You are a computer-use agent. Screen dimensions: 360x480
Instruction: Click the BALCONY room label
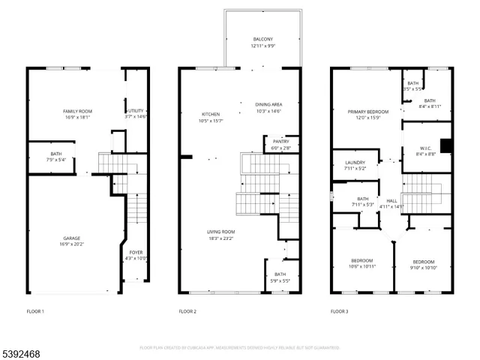pos(262,39)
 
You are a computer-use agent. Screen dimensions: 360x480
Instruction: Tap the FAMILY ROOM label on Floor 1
pos(76,111)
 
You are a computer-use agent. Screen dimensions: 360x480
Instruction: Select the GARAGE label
pos(71,238)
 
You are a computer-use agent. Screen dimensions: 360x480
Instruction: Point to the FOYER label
pos(136,253)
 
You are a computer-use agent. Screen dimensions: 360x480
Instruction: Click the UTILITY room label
pos(136,111)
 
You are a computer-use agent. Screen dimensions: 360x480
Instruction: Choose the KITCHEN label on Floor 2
pos(190,114)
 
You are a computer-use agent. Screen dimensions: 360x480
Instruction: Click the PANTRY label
pos(281,141)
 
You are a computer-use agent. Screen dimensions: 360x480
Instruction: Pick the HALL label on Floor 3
pos(391,200)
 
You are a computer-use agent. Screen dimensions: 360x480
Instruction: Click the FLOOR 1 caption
pos(35,310)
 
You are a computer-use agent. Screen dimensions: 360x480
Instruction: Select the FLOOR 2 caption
pos(187,310)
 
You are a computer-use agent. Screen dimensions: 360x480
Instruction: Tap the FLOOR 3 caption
pos(339,310)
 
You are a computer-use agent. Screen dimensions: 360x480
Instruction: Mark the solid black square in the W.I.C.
pos(445,146)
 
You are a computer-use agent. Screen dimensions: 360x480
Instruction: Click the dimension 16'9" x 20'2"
pos(71,244)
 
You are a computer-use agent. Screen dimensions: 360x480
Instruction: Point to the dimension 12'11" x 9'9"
pos(262,45)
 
